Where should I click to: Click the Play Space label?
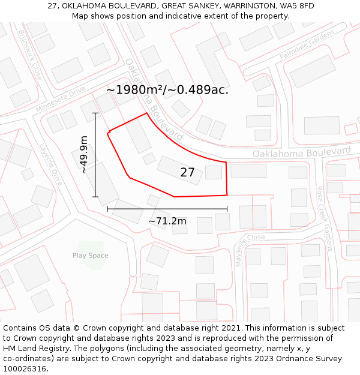91,256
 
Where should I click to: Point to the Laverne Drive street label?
51,164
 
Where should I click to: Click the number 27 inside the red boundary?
187,173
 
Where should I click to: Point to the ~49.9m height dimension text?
84,155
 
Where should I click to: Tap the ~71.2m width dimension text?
167,221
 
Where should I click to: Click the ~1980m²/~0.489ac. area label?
167,90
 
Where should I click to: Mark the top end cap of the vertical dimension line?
95,113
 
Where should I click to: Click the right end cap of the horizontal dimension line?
227,209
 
